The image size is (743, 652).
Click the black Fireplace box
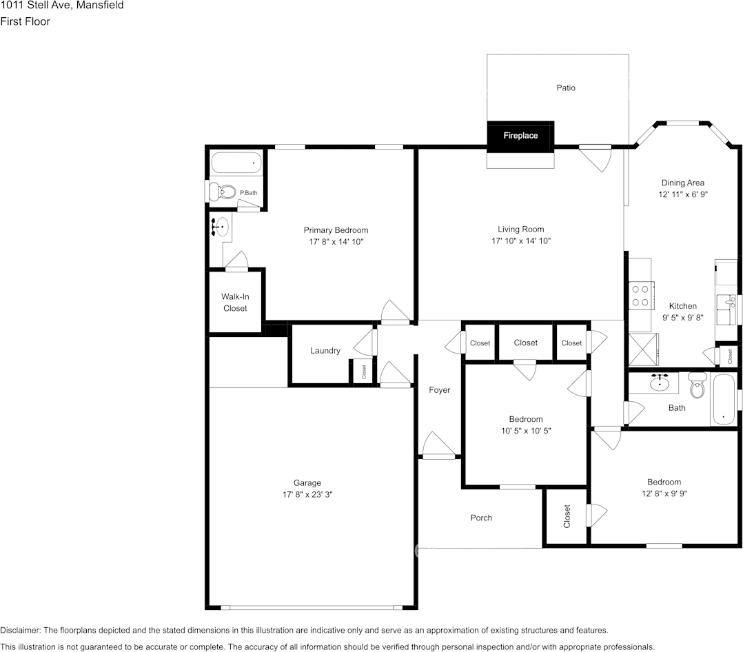pyautogui.click(x=520, y=136)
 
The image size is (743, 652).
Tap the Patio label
pyautogui.click(x=566, y=88)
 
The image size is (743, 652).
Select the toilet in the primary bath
pyautogui.click(x=223, y=192)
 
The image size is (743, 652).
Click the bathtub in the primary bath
pyautogui.click(x=236, y=163)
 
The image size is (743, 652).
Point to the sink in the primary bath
pyautogui.click(x=220, y=227)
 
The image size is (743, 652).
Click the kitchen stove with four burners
pyautogui.click(x=640, y=295)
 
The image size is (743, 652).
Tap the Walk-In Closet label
pyautogui.click(x=235, y=303)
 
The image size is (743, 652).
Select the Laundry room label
pyautogui.click(x=325, y=351)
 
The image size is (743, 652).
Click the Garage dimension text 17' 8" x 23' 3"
pyautogui.click(x=307, y=494)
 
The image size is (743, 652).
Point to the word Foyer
pyautogui.click(x=439, y=390)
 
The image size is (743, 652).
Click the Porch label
pyautogui.click(x=481, y=518)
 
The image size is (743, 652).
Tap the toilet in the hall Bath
pyautogui.click(x=698, y=387)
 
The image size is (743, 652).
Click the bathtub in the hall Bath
pyautogui.click(x=724, y=399)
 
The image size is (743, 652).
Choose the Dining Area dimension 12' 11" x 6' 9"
pyautogui.click(x=682, y=194)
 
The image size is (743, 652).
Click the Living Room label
pyautogui.click(x=520, y=230)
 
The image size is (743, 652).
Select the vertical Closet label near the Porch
pyautogui.click(x=567, y=516)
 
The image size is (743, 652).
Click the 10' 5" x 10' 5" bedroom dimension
pyautogui.click(x=525, y=430)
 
